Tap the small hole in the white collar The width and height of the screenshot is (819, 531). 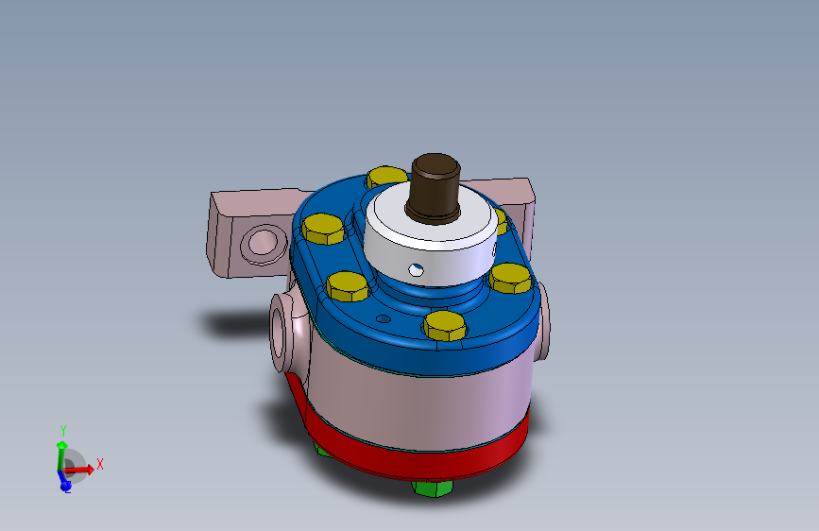point(413,269)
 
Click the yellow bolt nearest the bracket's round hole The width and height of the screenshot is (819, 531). point(323,229)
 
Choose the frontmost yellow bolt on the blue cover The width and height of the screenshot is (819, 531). point(445,325)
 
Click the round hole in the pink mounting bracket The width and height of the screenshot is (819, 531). point(261,244)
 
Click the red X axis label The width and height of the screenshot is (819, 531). point(99,464)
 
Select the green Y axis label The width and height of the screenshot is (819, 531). point(62,428)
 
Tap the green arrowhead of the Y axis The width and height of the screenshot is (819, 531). point(61,444)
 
